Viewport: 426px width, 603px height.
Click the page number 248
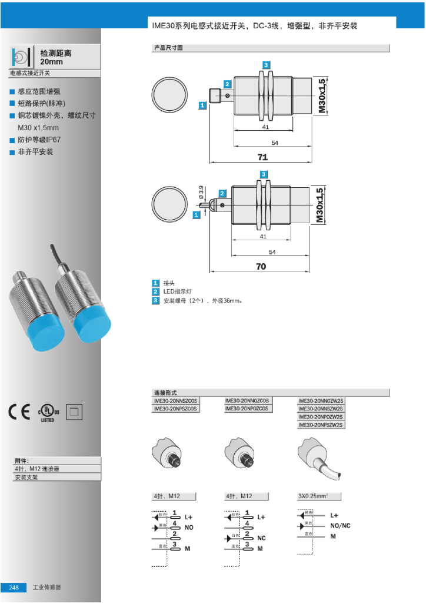[x=14, y=588]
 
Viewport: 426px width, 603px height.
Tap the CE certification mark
[x=20, y=412]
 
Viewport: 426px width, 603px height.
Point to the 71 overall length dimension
[x=262, y=157]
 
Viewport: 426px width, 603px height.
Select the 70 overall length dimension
[x=261, y=266]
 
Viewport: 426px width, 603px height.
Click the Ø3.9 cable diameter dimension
[x=201, y=192]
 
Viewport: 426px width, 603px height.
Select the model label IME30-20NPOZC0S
[x=248, y=408]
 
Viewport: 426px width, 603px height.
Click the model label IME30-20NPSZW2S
[x=321, y=425]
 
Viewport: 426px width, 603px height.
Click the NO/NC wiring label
[x=340, y=525]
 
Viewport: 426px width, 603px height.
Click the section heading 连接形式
[x=165, y=392]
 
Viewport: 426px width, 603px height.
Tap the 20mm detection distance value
[x=51, y=61]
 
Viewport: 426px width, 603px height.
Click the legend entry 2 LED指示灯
[x=177, y=292]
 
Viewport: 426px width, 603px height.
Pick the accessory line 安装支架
[x=26, y=478]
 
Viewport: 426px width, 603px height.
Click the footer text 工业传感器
[x=47, y=588]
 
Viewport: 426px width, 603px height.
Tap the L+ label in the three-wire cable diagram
[x=334, y=515]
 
